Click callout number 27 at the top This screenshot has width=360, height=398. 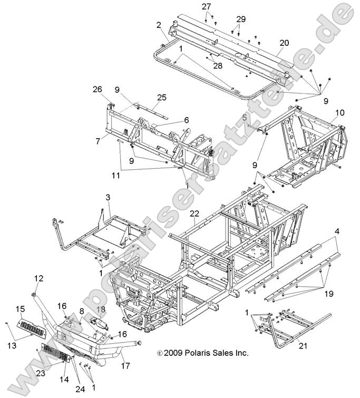pyautogui.click(x=207, y=6)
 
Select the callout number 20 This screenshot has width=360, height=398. pyautogui.click(x=284, y=43)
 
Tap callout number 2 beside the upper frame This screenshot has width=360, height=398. pyautogui.click(x=158, y=24)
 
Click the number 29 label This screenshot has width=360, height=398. pyautogui.click(x=241, y=19)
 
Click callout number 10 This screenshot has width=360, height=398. pyautogui.click(x=340, y=112)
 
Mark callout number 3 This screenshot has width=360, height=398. pyautogui.click(x=108, y=198)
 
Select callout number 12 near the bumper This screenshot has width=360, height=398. pyautogui.click(x=39, y=278)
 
